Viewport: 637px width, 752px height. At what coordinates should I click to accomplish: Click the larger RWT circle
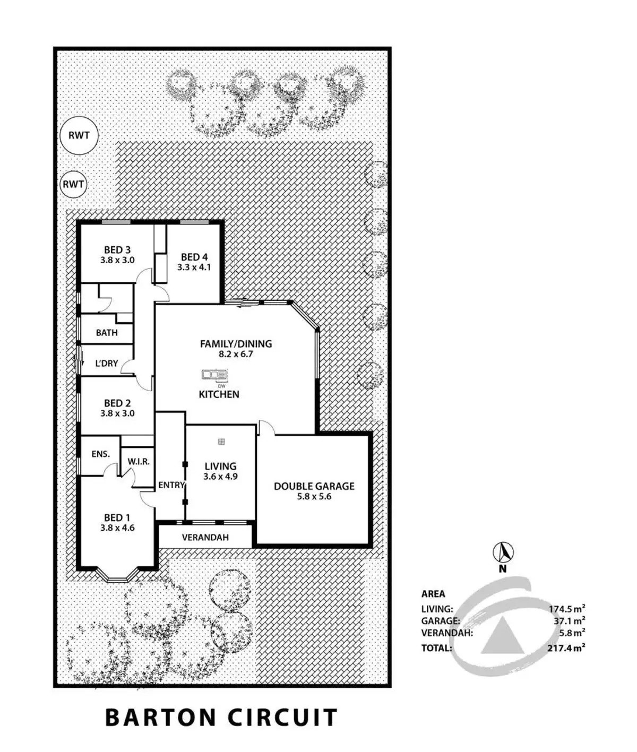point(79,135)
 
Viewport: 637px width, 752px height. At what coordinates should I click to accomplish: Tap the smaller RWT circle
point(73,185)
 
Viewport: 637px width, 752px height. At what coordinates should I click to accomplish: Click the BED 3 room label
point(117,250)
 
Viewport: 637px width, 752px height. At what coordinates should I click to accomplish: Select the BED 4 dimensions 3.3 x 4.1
point(194,267)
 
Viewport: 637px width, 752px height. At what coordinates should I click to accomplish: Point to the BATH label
point(107,333)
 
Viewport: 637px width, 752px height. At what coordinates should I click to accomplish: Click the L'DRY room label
point(106,364)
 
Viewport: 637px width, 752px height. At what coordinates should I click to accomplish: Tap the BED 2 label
point(117,403)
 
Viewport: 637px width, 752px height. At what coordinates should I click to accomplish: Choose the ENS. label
point(101,454)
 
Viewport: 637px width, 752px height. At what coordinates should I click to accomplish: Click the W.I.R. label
point(138,462)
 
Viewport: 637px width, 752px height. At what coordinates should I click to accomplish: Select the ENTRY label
point(171,485)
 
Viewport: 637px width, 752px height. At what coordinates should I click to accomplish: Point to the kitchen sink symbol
point(214,375)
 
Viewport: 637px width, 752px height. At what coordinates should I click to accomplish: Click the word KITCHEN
point(219,394)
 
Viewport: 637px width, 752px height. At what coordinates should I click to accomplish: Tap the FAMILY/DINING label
point(236,344)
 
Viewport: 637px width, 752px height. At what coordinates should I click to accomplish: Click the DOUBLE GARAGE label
point(314,486)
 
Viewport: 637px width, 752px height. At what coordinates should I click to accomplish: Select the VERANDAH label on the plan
point(205,537)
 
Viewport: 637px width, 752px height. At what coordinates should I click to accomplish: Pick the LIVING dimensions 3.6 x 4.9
point(220,477)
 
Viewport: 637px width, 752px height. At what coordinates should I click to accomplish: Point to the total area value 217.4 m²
point(567,648)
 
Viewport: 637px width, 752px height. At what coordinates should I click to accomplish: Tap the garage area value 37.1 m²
point(569,620)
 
